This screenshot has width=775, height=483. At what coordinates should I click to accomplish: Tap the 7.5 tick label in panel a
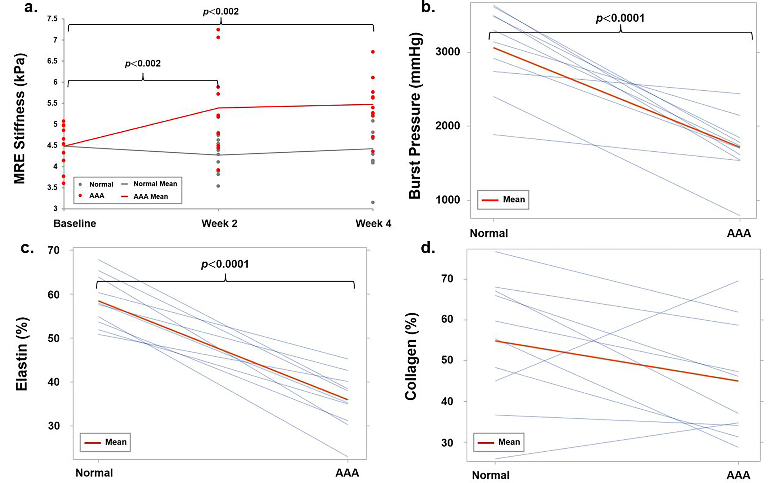click(x=52, y=19)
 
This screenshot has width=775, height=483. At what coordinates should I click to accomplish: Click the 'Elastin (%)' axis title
click(x=22, y=354)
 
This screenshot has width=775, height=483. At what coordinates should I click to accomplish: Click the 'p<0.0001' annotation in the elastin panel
click(x=225, y=264)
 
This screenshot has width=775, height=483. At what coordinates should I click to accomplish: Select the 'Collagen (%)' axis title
click(x=411, y=356)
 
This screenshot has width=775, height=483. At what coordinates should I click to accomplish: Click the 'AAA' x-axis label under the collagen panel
click(x=738, y=475)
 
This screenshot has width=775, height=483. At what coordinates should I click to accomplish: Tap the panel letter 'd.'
click(x=428, y=248)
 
